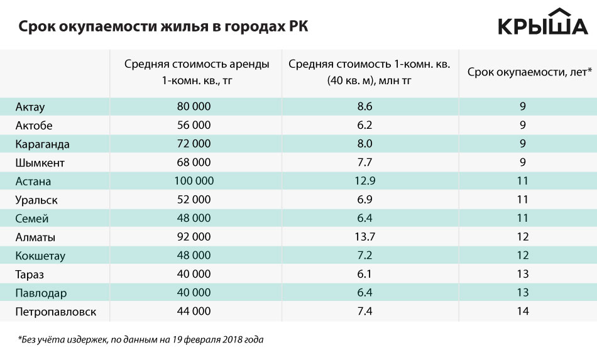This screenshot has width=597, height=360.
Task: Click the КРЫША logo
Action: point(543,23)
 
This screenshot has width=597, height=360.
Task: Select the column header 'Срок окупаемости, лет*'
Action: point(530,72)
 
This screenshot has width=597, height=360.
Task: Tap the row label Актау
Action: point(31,107)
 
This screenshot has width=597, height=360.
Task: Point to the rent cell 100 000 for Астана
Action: point(195,182)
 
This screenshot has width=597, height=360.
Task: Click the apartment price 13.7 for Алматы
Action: point(365,237)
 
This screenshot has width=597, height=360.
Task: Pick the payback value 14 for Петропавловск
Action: point(523,311)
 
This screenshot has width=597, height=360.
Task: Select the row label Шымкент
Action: point(41,163)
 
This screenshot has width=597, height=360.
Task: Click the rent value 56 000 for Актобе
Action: point(194,126)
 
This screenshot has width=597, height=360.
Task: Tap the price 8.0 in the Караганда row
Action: point(365,144)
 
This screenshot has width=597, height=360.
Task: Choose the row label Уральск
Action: point(37,200)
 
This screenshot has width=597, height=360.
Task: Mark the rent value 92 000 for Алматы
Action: point(194,237)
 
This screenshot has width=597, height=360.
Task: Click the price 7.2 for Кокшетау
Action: point(365,256)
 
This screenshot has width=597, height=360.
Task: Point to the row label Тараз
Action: point(30,275)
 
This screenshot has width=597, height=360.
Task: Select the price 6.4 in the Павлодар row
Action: point(365,293)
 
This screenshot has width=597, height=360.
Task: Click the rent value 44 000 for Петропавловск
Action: point(194,311)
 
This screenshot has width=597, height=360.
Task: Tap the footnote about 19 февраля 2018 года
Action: point(141,340)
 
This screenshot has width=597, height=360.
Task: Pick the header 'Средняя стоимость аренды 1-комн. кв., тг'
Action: point(197,72)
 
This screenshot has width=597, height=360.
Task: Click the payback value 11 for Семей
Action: point(523,219)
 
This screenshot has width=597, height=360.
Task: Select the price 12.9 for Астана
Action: point(365,182)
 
